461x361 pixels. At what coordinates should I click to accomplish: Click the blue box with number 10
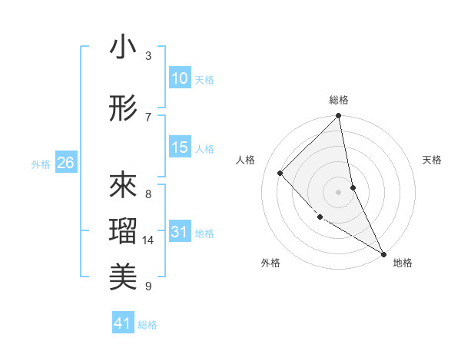180,78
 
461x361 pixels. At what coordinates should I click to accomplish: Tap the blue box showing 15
180,147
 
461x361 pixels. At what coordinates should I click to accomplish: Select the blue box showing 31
180,233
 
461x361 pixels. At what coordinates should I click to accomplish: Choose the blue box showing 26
65,163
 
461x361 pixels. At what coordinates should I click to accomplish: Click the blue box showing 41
123,323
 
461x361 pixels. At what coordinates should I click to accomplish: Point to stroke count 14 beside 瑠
148,240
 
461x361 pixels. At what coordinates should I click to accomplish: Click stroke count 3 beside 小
148,56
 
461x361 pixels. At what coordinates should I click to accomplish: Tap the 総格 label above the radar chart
339,100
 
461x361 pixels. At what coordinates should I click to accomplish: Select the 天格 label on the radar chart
432,160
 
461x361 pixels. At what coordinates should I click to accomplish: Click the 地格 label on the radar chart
403,263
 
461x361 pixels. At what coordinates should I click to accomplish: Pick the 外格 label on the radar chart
270,263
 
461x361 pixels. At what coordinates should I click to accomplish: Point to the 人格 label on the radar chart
246,160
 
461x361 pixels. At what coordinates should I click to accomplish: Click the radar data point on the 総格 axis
339,116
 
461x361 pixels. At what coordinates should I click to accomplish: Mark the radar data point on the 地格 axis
383,253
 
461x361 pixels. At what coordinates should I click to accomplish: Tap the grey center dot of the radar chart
339,191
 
